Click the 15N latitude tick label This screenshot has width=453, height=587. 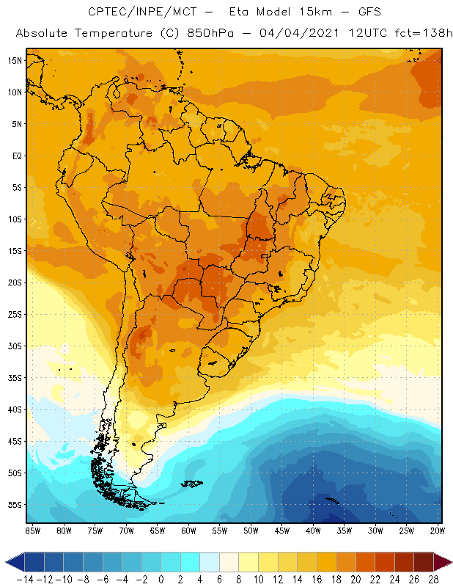point(13,60)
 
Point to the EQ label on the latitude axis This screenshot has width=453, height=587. point(15,156)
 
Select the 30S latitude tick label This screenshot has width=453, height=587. point(13,346)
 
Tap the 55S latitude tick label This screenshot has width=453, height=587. point(13,505)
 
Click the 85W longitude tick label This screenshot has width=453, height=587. point(32,530)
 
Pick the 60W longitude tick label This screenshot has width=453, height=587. point(188,530)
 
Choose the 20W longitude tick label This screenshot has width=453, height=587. point(438,530)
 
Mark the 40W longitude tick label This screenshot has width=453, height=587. point(313,530)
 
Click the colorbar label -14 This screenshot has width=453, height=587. point(25,580)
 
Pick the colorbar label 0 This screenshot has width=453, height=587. point(161,580)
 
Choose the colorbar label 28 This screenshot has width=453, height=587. point(434,580)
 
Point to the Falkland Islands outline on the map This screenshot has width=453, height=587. point(193,483)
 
